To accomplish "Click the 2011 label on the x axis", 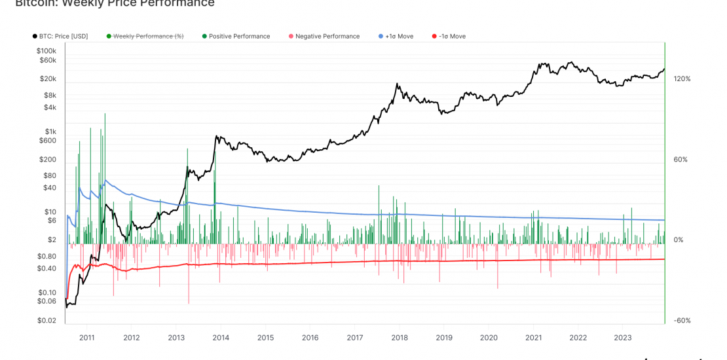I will (x=86, y=338).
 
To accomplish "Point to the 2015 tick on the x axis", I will (x=265, y=338).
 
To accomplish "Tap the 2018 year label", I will (x=400, y=338).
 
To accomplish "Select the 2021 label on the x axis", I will (x=533, y=338).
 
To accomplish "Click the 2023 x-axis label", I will (x=622, y=338).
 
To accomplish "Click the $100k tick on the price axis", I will (x=47, y=50).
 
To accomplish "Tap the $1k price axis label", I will (x=50, y=132).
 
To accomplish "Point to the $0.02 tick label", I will (x=48, y=321).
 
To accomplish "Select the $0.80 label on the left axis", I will (x=48, y=256).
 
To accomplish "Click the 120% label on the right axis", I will (x=682, y=79).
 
